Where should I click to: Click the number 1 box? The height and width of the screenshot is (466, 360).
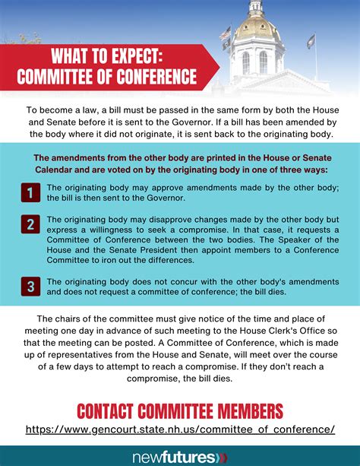29,193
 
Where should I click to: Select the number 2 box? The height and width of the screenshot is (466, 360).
29,224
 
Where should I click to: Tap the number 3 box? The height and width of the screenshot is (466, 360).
29,286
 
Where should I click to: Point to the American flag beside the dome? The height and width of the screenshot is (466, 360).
225,34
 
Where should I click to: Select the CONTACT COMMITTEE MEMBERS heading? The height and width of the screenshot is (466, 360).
180,411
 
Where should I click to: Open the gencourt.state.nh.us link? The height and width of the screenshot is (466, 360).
180,430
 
